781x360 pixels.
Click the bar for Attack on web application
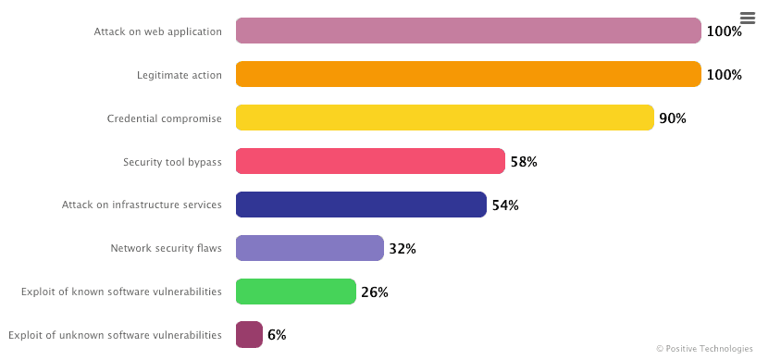tap(467, 31)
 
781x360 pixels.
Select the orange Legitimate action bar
tap(467, 74)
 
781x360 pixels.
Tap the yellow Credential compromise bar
tap(444, 118)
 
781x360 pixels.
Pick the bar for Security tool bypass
tap(370, 161)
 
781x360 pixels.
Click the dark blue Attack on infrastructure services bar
tap(361, 205)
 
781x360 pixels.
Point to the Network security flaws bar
tap(309, 248)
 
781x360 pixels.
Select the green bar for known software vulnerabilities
tap(295, 292)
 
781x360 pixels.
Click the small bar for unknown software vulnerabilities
tap(249, 334)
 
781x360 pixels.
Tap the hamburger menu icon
tap(748, 18)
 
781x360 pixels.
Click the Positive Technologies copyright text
tap(704, 349)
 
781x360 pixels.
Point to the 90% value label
tap(673, 118)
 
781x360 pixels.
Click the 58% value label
tap(524, 162)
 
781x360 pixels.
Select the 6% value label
tap(277, 335)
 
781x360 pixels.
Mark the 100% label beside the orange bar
tap(724, 75)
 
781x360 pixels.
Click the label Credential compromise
tap(164, 118)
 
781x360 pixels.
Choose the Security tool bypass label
tap(172, 162)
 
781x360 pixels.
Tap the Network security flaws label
tap(166, 248)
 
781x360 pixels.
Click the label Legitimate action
tap(180, 75)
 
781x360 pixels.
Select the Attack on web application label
tap(157, 31)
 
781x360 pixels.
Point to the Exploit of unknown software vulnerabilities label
tap(115, 335)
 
